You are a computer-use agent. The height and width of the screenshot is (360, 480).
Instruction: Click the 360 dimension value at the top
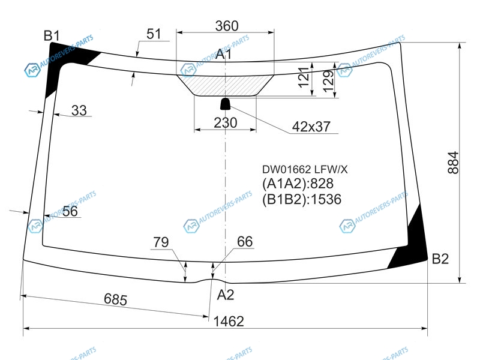pos(227,26)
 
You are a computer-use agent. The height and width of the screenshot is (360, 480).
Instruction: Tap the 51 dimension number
pos(154,34)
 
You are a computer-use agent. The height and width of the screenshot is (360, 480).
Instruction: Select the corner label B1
pos(52,36)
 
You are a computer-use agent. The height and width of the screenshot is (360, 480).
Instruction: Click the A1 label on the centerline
pos(223,54)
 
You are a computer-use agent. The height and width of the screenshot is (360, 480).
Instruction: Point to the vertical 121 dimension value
pos(304,77)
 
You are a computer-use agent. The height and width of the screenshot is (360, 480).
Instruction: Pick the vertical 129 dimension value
pos(328,82)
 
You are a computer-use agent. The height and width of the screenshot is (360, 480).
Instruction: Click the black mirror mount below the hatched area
pos(226,104)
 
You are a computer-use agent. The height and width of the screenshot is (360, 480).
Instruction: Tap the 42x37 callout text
pos(311,127)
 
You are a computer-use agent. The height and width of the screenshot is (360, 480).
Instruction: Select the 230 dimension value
pos(226,123)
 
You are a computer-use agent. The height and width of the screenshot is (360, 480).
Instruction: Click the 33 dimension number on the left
pos(79,110)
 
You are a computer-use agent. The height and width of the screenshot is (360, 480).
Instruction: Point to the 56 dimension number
pos(70,211)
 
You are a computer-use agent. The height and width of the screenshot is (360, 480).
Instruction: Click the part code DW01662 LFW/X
pos(305,169)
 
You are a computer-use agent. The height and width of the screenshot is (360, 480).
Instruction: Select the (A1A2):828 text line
pos(298,184)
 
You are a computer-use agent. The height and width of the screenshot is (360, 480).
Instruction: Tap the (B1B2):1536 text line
pos(302,199)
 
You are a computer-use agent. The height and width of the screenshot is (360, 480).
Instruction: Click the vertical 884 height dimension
pos(453,163)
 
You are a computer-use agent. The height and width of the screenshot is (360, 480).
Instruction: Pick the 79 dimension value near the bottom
pos(161,242)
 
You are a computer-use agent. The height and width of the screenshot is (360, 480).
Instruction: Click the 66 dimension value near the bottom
pos(245,242)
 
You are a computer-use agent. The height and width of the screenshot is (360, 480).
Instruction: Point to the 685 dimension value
pos(115,299)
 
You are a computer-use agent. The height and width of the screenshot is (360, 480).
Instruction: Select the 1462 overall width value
pos(229,322)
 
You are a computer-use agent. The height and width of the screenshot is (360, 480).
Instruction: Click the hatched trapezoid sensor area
pos(226,85)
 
